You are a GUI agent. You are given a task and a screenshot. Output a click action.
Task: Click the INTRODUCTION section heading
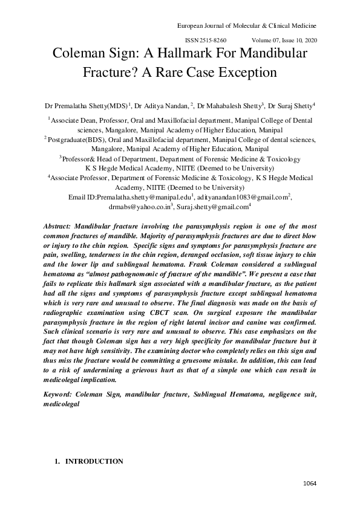(94, 461)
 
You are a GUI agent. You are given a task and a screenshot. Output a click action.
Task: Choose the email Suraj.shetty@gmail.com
(213, 207)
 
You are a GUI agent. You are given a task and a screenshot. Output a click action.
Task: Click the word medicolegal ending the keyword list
(62, 404)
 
